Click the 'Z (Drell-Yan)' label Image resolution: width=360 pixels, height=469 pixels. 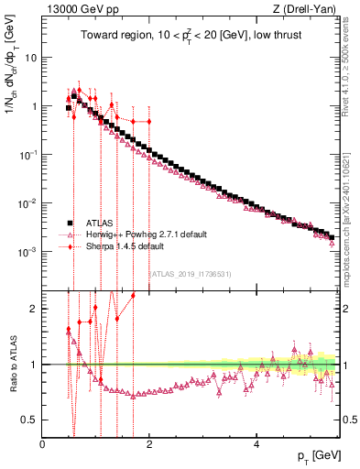[x=307, y=9]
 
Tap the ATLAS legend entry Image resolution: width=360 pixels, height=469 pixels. [x=101, y=223]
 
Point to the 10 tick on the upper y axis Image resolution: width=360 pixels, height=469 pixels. [x=30, y=57]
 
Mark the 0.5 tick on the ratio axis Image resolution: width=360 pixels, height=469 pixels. [x=29, y=420]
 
